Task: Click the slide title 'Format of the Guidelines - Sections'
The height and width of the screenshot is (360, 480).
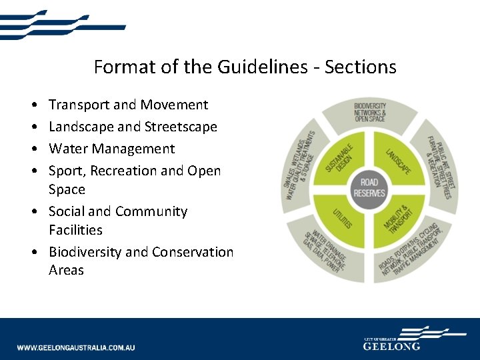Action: [245, 67]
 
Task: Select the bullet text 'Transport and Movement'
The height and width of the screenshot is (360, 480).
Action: [128, 105]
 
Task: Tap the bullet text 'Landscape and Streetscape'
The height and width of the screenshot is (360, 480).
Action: [133, 127]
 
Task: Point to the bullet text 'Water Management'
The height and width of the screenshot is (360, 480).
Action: [111, 149]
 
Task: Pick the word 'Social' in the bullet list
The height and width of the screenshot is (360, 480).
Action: [67, 211]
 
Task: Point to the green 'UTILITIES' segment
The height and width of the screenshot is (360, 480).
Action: [341, 219]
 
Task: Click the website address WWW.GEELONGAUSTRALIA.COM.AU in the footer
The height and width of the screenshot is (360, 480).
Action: [76, 347]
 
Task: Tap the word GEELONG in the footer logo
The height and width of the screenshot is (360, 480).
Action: [391, 346]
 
